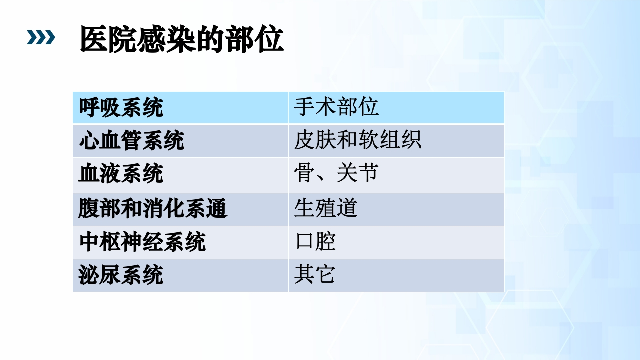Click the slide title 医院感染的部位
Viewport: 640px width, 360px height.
tap(182, 40)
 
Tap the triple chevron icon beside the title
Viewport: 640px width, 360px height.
tap(41, 38)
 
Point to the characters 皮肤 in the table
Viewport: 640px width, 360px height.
tap(315, 141)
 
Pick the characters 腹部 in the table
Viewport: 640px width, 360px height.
tap(99, 208)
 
